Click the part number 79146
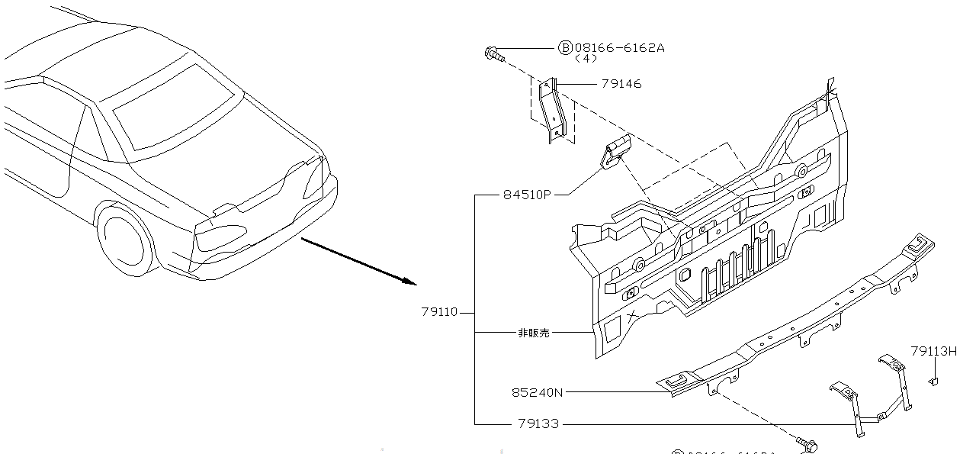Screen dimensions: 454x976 click(x=621, y=84)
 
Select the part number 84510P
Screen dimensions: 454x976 click(x=526, y=195)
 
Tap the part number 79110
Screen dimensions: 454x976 click(x=439, y=312)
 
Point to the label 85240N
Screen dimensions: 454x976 click(x=537, y=393)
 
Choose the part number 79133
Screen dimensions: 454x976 click(x=538, y=423)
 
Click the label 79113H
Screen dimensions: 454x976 click(x=933, y=351)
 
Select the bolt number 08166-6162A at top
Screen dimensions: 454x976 click(x=619, y=47)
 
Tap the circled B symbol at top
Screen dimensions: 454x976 click(x=566, y=47)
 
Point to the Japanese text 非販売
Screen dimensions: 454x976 click(x=534, y=333)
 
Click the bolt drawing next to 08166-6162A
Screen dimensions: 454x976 click(x=493, y=53)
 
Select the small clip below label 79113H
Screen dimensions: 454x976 click(x=933, y=380)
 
